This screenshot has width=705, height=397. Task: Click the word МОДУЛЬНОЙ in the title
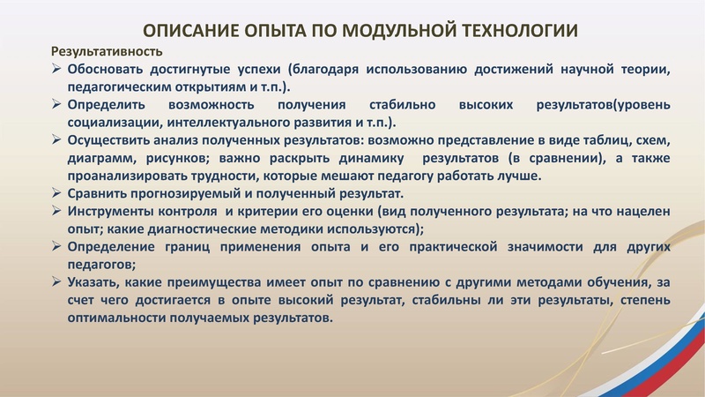(383, 31)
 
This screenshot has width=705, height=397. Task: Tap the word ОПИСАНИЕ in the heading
(182, 31)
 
